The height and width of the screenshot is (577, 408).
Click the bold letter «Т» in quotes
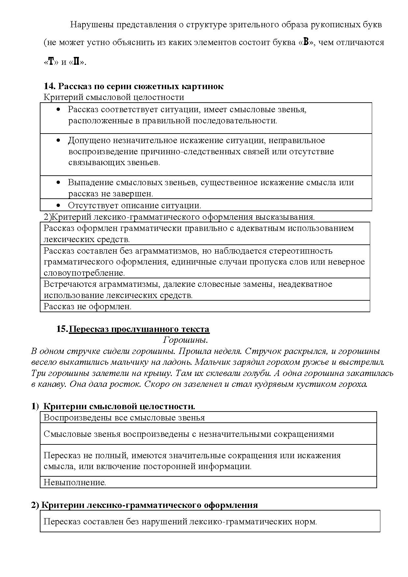point(51,62)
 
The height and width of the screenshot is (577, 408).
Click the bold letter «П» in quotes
point(76,62)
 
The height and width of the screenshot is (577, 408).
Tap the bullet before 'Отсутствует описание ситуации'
point(59,206)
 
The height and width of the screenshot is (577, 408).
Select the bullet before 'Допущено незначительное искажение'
point(59,140)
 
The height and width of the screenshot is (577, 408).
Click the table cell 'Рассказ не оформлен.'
point(88,307)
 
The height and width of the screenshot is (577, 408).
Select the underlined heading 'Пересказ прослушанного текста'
point(139,329)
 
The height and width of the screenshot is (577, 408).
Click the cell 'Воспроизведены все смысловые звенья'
point(124,418)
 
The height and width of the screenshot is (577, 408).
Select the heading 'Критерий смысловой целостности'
point(114,97)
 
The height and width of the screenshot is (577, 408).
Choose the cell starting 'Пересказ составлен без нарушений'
point(180,522)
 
